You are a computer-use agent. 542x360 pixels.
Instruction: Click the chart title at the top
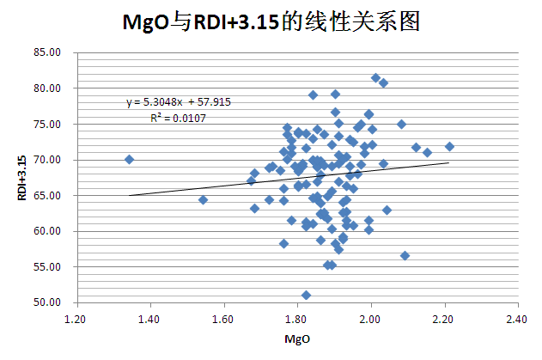click(x=271, y=21)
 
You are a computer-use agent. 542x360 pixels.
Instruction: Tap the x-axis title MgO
click(x=297, y=340)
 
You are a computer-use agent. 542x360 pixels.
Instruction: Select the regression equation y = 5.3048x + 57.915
click(x=178, y=101)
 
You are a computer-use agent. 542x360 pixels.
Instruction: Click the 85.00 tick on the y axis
click(x=48, y=52)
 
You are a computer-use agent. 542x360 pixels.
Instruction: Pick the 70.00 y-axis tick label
click(x=48, y=160)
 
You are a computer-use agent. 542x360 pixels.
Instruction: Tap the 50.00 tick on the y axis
click(x=48, y=302)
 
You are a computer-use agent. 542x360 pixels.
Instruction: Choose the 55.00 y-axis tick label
click(x=48, y=267)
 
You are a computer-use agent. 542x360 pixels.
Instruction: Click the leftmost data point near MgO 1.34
click(x=129, y=159)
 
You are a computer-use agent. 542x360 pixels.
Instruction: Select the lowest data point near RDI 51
click(x=306, y=295)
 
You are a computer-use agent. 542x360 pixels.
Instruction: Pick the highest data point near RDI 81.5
click(x=375, y=77)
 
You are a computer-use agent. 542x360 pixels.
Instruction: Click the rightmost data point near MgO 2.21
click(x=449, y=146)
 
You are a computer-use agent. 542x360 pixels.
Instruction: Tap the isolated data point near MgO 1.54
click(x=203, y=199)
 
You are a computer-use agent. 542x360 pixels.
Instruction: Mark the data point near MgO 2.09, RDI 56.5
click(x=405, y=255)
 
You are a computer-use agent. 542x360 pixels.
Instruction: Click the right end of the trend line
click(x=448, y=162)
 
